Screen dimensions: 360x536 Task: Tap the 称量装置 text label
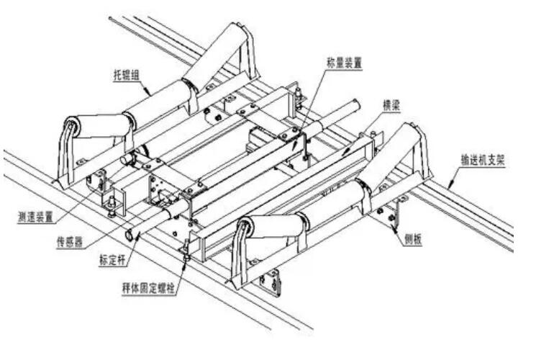click(x=341, y=63)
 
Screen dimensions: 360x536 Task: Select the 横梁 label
click(x=391, y=105)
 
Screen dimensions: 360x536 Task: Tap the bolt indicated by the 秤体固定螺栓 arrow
click(x=186, y=251)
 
